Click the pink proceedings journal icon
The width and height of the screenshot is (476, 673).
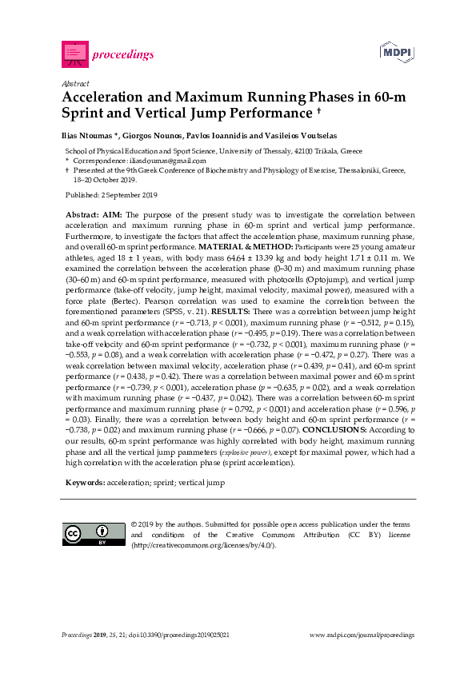74,54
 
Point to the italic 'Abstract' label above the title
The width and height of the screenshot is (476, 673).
74,83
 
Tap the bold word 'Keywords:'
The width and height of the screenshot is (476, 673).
83,483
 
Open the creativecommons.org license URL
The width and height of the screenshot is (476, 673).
203,546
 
